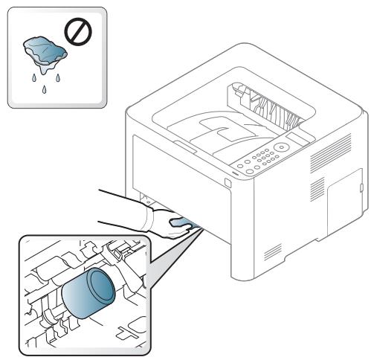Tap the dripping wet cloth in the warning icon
[x=43, y=52]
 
